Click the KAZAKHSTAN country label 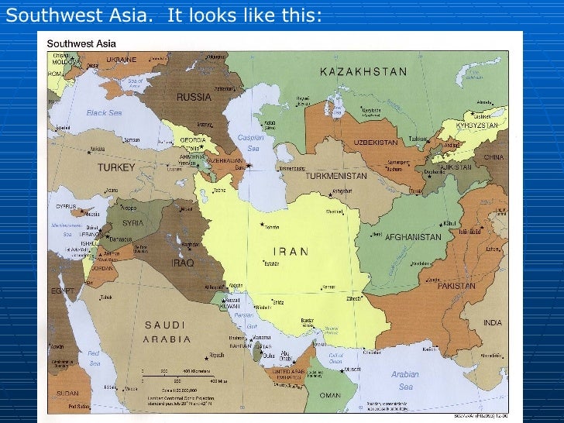point(363,72)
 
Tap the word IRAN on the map point(291,252)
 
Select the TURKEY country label point(116,167)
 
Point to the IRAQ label point(182,263)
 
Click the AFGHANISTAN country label point(413,237)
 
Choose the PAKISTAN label point(456,286)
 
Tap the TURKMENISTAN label point(335,176)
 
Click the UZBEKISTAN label point(376,143)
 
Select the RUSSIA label point(194,98)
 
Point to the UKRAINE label point(121,60)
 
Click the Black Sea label point(104,112)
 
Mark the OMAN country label point(330,395)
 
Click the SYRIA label point(132,223)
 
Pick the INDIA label point(493,322)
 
